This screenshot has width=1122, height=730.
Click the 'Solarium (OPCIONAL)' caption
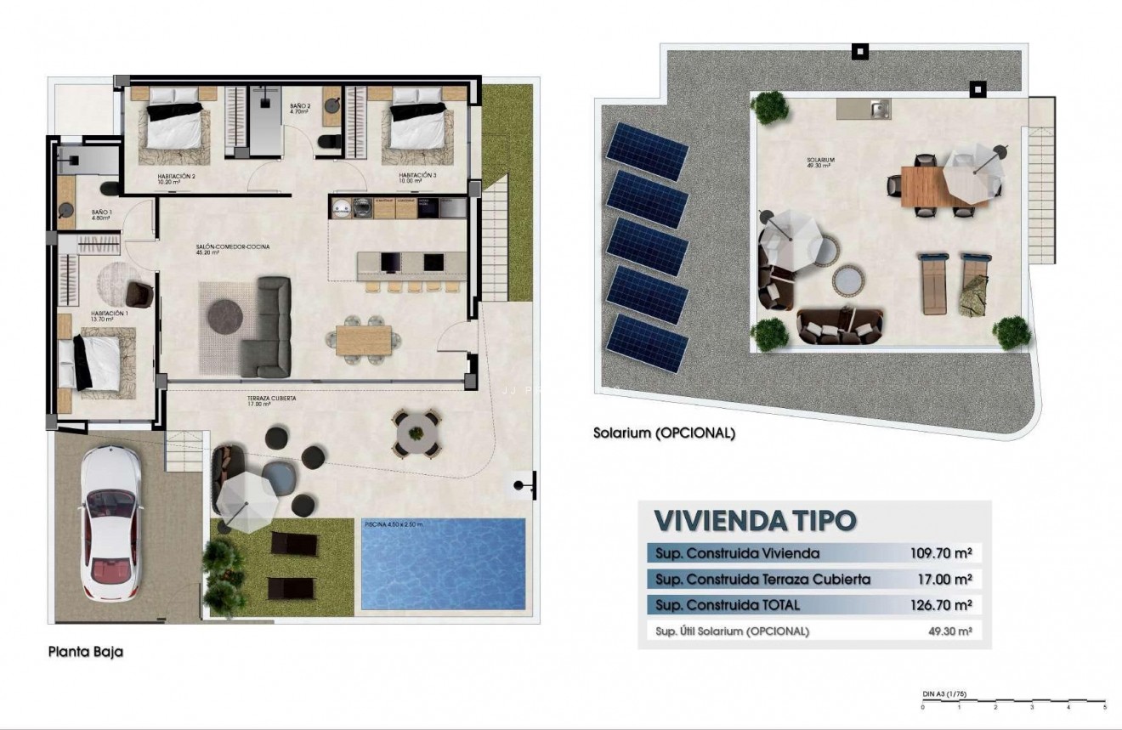tap(664, 433)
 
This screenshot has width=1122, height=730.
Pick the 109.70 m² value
tap(940, 553)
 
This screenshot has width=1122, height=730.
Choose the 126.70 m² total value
tap(940, 605)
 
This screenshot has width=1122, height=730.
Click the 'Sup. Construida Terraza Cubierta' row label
tap(763, 580)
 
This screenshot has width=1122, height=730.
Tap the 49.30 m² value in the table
tap(949, 631)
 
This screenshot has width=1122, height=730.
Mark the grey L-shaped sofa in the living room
tap(268, 326)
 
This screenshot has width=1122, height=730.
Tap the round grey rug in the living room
tap(225, 315)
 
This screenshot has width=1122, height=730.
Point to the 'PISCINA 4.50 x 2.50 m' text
tap(393, 524)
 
